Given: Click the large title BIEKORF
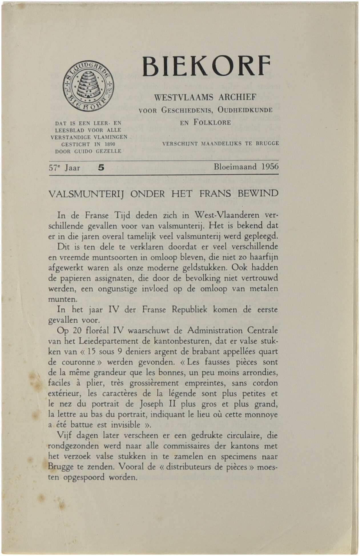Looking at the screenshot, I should click(x=206, y=67).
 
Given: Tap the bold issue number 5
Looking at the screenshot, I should click(x=101, y=168).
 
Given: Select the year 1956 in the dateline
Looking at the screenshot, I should click(x=270, y=167).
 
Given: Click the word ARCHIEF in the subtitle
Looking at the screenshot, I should click(x=237, y=97).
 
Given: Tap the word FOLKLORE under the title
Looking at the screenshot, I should click(x=212, y=123).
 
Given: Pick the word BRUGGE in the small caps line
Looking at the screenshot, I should click(x=267, y=143).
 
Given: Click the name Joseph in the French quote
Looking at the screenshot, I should click(x=151, y=404).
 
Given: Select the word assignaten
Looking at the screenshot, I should click(x=113, y=278).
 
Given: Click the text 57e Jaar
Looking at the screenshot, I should click(x=65, y=168).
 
